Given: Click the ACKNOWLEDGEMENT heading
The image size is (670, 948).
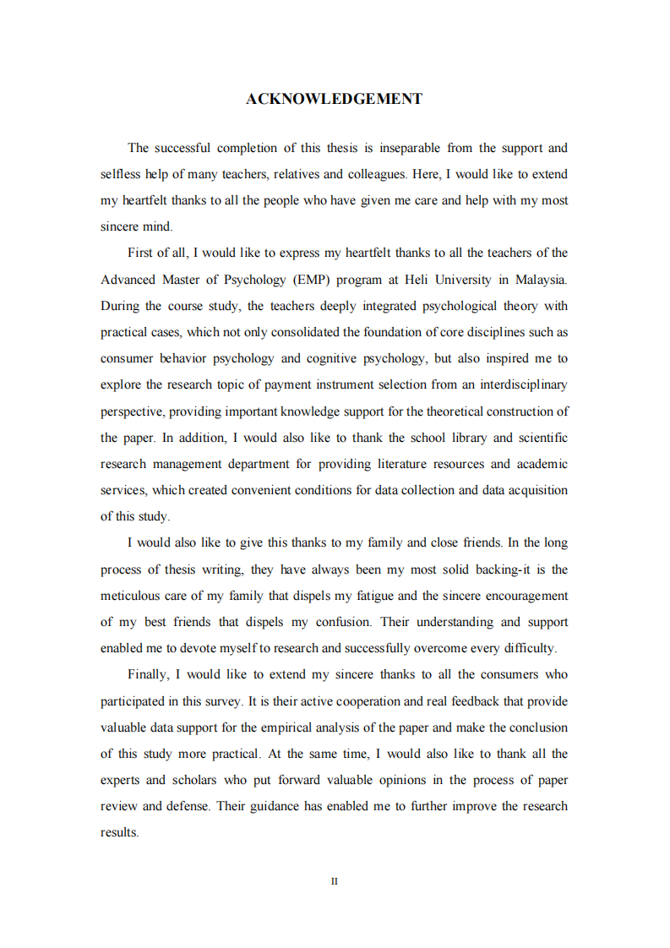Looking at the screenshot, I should [x=334, y=99].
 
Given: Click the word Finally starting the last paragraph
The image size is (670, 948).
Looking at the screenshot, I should [x=150, y=674].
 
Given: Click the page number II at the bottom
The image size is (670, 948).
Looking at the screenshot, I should [x=335, y=881].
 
